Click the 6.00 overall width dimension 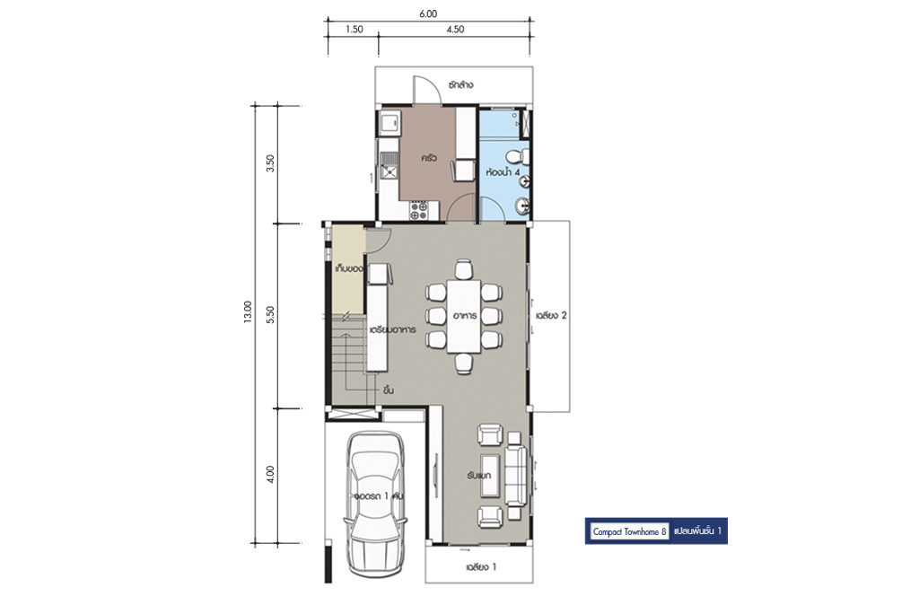pyautogui.click(x=428, y=14)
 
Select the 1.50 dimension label pyautogui.click(x=354, y=30)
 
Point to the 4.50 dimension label pyautogui.click(x=455, y=30)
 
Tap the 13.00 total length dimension pyautogui.click(x=248, y=311)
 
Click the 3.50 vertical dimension pyautogui.click(x=269, y=163)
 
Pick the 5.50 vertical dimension pyautogui.click(x=269, y=315)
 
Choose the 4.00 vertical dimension pyautogui.click(x=269, y=475)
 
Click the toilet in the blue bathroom pyautogui.click(x=517, y=157)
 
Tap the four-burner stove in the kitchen pyautogui.click(x=418, y=210)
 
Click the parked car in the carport pyautogui.click(x=375, y=503)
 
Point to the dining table pyautogui.click(x=464, y=316)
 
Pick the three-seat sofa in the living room pyautogui.click(x=516, y=475)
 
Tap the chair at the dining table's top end pyautogui.click(x=464, y=269)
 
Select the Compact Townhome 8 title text pyautogui.click(x=629, y=532)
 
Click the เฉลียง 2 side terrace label pyautogui.click(x=551, y=315)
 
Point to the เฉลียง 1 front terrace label pyautogui.click(x=481, y=567)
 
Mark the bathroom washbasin pyautogui.click(x=522, y=206)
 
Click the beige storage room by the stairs pyautogui.click(x=348, y=269)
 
